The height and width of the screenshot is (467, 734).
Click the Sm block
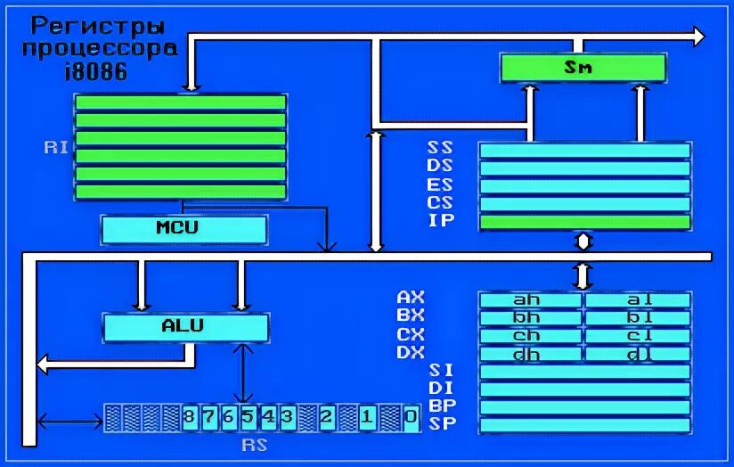pos(583,67)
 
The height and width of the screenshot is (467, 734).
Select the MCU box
pos(184,229)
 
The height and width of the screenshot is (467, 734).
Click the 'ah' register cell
pos(531,300)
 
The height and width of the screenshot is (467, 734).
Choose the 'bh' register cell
pos(531,318)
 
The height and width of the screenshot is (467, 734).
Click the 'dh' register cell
pos(531,354)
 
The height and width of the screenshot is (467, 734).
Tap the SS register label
pos(440,147)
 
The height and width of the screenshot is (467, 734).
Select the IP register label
pos(440,221)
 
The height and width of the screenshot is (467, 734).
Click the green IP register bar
pos(584,222)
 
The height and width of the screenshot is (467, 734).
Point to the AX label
pos(411,298)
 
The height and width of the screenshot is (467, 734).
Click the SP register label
pos(442,423)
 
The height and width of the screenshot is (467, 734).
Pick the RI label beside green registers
pos(56,148)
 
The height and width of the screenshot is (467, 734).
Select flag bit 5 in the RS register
pos(247,416)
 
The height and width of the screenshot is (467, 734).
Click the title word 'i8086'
pos(95,71)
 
